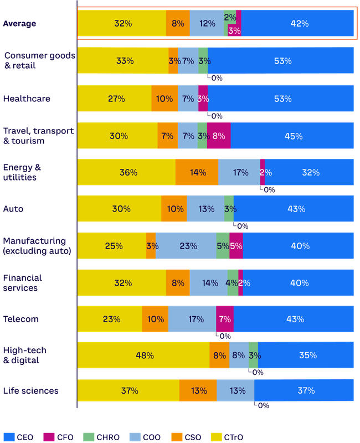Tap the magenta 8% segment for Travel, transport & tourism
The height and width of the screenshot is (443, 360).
[x=218, y=136]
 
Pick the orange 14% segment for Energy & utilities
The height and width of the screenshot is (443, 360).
[x=197, y=172]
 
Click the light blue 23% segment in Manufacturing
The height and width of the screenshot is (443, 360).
[x=186, y=246]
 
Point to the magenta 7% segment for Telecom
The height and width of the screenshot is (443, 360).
[x=224, y=319]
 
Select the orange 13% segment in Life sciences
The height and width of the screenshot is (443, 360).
[x=198, y=390]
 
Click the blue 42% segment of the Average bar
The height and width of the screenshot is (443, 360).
[x=298, y=24]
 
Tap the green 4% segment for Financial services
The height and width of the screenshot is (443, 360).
[x=233, y=282]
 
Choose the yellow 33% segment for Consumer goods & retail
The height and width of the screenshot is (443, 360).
[x=122, y=61]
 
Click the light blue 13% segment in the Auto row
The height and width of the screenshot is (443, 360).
[x=205, y=209]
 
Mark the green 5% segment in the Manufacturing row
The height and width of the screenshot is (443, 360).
[x=223, y=246]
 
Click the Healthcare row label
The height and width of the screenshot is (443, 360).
[x=27, y=99]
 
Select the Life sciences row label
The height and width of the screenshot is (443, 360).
[x=30, y=390]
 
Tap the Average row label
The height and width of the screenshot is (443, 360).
[x=20, y=24]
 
